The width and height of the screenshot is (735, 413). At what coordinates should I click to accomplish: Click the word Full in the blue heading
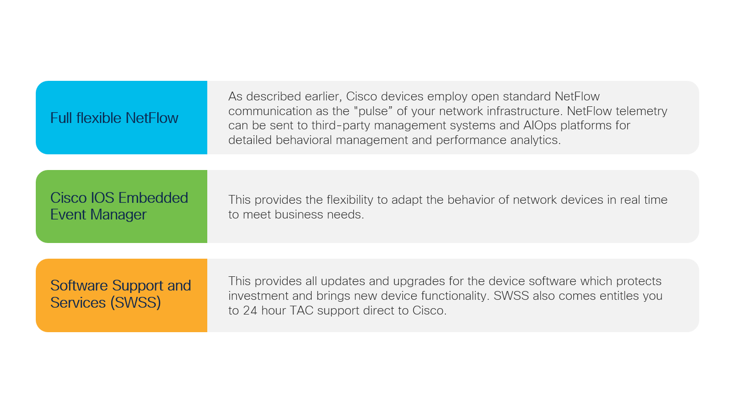click(61, 118)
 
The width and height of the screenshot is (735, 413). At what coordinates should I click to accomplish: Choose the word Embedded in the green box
click(153, 198)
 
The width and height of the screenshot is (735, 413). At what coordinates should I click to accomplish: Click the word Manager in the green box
click(118, 215)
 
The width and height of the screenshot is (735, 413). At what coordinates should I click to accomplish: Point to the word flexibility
click(350, 199)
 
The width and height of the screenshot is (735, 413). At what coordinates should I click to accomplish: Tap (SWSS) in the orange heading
click(136, 302)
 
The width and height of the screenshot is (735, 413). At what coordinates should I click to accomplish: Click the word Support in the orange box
click(138, 286)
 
